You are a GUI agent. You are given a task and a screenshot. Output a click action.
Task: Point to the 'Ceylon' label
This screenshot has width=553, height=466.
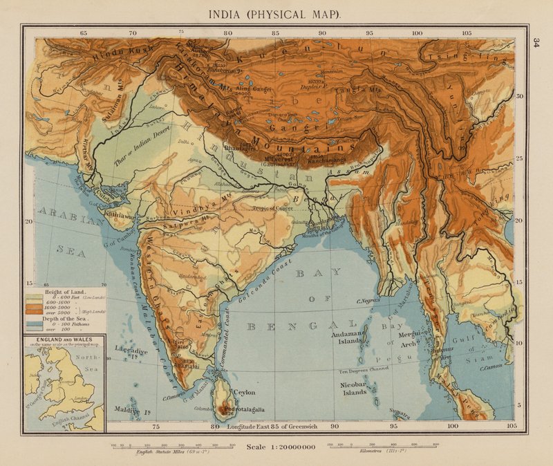tap(245, 392)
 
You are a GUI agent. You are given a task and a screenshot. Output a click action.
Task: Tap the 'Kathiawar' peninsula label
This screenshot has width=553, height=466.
tap(125, 215)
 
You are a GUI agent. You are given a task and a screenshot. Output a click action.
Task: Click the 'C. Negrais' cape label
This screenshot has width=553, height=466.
tap(370, 301)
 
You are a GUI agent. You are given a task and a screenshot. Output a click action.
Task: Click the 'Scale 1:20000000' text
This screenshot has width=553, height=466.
tap(281, 447)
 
